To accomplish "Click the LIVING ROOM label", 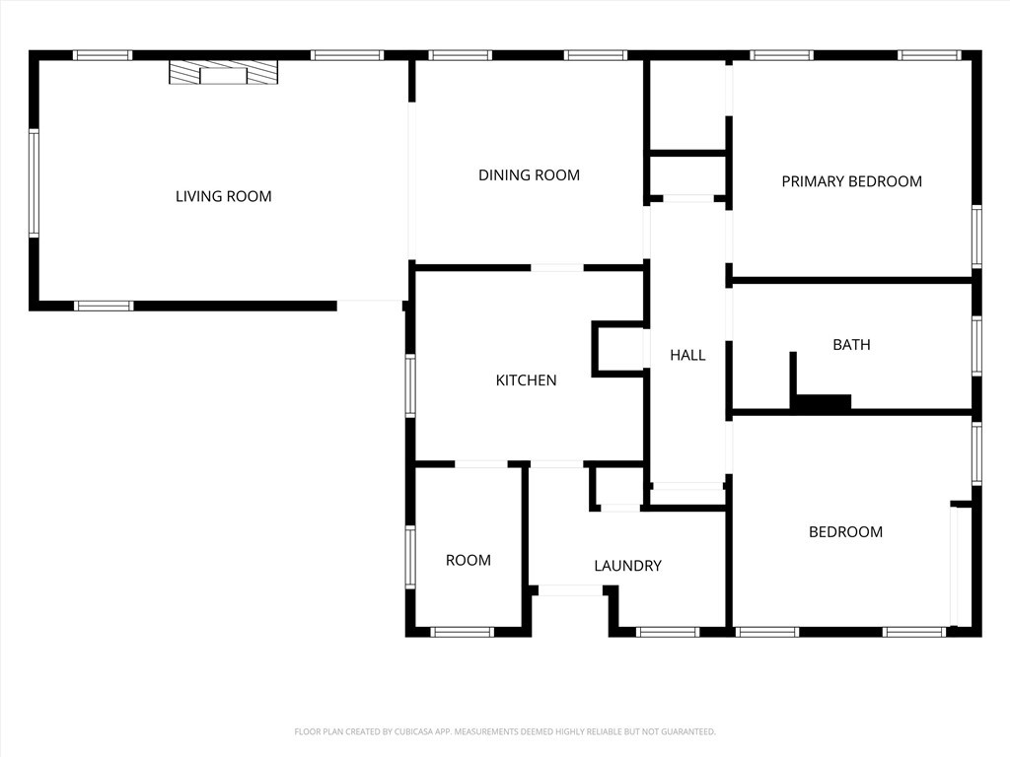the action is pyautogui.click(x=224, y=196).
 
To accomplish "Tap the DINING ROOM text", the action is pyautogui.click(x=529, y=175).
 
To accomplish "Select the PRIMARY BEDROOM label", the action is pyautogui.click(x=851, y=181).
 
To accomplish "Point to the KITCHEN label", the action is pyautogui.click(x=527, y=380).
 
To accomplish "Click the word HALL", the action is pyautogui.click(x=687, y=355).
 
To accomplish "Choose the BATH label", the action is pyautogui.click(x=851, y=345).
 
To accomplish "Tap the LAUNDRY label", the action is pyautogui.click(x=627, y=566).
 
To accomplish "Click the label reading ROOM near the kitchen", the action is pyautogui.click(x=469, y=560).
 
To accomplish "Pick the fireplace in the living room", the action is pyautogui.click(x=224, y=72).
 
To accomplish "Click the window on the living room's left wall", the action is pyautogui.click(x=34, y=182).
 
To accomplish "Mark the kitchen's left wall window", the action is pyautogui.click(x=409, y=385).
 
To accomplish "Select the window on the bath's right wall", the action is pyautogui.click(x=976, y=346).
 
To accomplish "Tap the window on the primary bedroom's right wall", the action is pyautogui.click(x=976, y=237).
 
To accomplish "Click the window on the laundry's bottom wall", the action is pyautogui.click(x=668, y=632).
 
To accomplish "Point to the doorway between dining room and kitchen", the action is pyautogui.click(x=557, y=267).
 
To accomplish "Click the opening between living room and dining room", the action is pyautogui.click(x=411, y=181).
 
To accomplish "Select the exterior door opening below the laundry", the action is pyautogui.click(x=571, y=590).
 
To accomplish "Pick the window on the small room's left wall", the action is pyautogui.click(x=409, y=558).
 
